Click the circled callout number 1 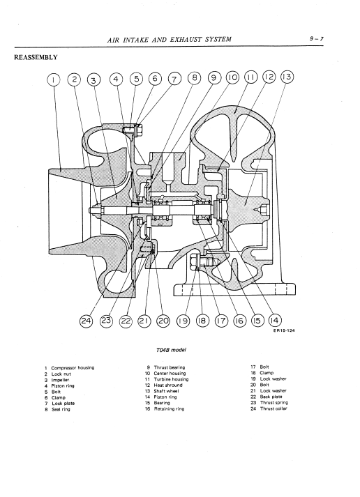coord(54,79)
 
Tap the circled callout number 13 coord(287,77)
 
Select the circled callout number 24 coord(86,321)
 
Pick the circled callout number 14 coord(275,320)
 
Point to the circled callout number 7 coord(174,79)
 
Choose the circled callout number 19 coord(183,321)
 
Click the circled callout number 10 coord(232,77)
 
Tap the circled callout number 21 coord(144,321)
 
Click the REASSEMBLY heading coord(36,57)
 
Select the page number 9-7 coord(317,38)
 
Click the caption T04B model coord(171,350)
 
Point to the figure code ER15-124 coord(283,330)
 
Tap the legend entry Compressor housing coord(73,368)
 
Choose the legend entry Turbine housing coord(171,379)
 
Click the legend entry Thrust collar coord(273,408)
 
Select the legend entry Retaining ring coord(169,409)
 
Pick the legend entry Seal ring coord(61,409)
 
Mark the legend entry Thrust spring coord(274,402)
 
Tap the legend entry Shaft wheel coord(166,391)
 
